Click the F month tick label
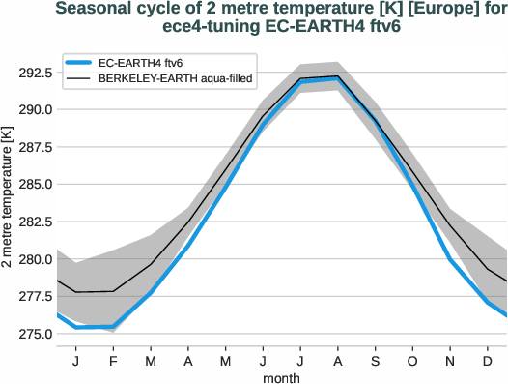(x=113, y=361)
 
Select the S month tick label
(x=376, y=361)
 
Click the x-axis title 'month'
(x=282, y=376)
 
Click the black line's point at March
(x=151, y=264)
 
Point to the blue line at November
(x=450, y=259)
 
